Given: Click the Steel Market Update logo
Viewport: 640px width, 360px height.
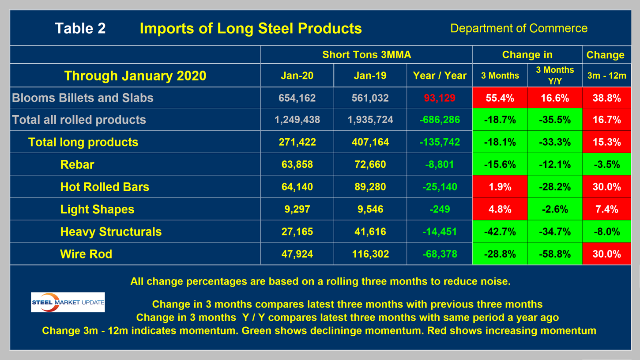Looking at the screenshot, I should click(x=68, y=302).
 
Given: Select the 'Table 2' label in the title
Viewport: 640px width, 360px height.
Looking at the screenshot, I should click(x=80, y=28).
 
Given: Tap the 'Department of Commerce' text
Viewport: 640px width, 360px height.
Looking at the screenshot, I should click(x=519, y=28).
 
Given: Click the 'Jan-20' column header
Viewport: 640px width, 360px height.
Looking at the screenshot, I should click(x=297, y=76).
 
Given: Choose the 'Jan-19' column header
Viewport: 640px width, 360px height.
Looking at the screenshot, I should click(x=370, y=76).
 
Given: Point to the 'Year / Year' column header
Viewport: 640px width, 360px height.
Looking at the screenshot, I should click(x=440, y=76).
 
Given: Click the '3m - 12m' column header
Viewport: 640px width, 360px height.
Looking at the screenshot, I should click(x=606, y=76).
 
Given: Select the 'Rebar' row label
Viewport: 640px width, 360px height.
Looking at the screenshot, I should click(x=77, y=165).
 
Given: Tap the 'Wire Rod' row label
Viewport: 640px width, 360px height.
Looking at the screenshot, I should click(x=86, y=254).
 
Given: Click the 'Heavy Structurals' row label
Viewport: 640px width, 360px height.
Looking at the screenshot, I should click(x=111, y=231).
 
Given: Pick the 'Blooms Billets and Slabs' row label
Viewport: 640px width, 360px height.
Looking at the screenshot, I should click(x=83, y=98).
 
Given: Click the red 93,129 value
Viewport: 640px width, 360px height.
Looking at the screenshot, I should click(x=440, y=98).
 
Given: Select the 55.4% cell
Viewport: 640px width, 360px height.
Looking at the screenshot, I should click(x=500, y=98).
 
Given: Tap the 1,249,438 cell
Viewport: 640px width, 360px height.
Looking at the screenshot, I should click(x=297, y=120).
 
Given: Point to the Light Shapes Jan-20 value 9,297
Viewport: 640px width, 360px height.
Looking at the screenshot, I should click(x=297, y=209).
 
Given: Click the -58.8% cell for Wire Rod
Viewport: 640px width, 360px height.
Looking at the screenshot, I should click(x=554, y=254).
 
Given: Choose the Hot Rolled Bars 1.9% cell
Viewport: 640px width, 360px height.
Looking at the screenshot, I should click(x=500, y=187).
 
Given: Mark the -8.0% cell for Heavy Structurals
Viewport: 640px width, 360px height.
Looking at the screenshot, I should click(x=606, y=231).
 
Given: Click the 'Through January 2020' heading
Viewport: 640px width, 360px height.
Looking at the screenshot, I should click(x=135, y=76).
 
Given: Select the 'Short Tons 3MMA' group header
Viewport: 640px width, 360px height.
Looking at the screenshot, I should click(x=366, y=55).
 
